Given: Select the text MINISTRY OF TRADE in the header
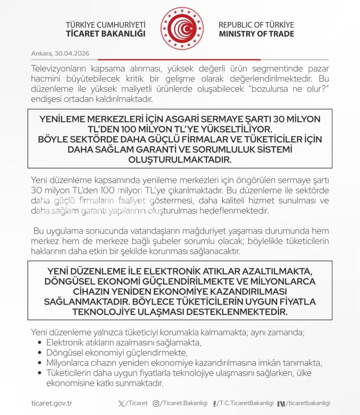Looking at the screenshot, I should point(257,34).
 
